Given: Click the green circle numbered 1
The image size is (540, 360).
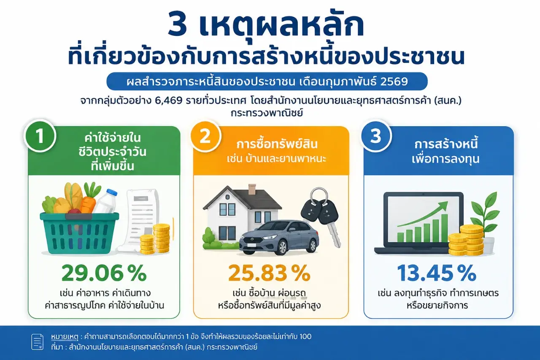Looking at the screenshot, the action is pos(40,136).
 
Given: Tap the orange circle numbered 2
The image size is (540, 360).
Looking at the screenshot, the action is pos(205,136).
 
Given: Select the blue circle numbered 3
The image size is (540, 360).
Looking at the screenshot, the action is pos(375,136).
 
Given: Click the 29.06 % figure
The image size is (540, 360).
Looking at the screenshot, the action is pos(104,273).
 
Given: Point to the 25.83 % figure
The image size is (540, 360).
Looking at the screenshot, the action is pos(269,273).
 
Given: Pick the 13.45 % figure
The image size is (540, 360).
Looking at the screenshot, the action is pos(437,273).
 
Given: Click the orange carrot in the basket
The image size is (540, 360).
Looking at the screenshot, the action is pos(89,200).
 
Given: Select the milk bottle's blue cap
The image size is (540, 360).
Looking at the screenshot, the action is pos(112,192).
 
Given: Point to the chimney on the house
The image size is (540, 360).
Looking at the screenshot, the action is pos(252,189).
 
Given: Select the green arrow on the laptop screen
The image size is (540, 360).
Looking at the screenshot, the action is pos(422,214).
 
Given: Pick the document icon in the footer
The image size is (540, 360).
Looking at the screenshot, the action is pos(38,342).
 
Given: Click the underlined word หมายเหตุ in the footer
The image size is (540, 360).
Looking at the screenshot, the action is pos(65,337).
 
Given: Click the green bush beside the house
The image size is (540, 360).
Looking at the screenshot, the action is pos(209,238).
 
